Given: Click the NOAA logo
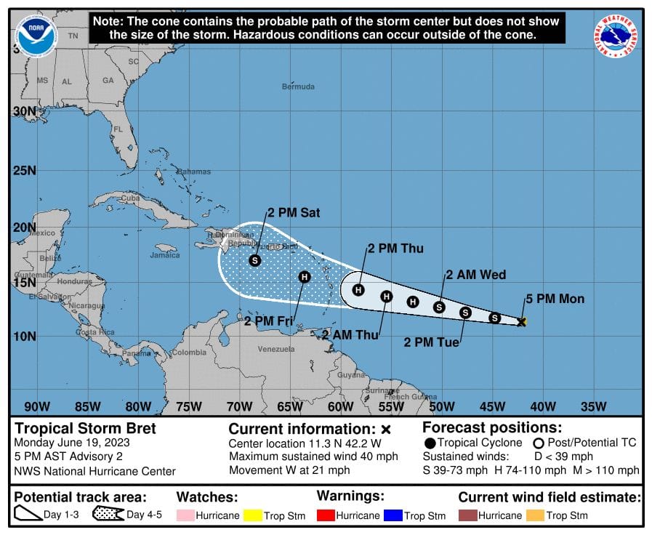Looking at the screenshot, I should [x=36, y=34].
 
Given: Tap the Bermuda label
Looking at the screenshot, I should [x=298, y=87].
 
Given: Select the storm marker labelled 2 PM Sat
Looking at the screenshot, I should [x=254, y=260].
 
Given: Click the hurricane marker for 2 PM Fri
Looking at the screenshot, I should [x=305, y=276].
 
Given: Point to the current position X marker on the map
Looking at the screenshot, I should [x=521, y=321].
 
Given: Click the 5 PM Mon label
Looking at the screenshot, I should [x=555, y=299].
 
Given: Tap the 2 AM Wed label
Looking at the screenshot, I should [x=475, y=275].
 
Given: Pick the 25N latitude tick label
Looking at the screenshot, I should [x=23, y=171].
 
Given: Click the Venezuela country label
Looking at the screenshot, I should [x=276, y=349].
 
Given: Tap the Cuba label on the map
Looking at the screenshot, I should [x=130, y=198].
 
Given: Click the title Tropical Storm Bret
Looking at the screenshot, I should [x=86, y=428].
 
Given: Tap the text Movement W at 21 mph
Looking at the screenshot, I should [x=289, y=470].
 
